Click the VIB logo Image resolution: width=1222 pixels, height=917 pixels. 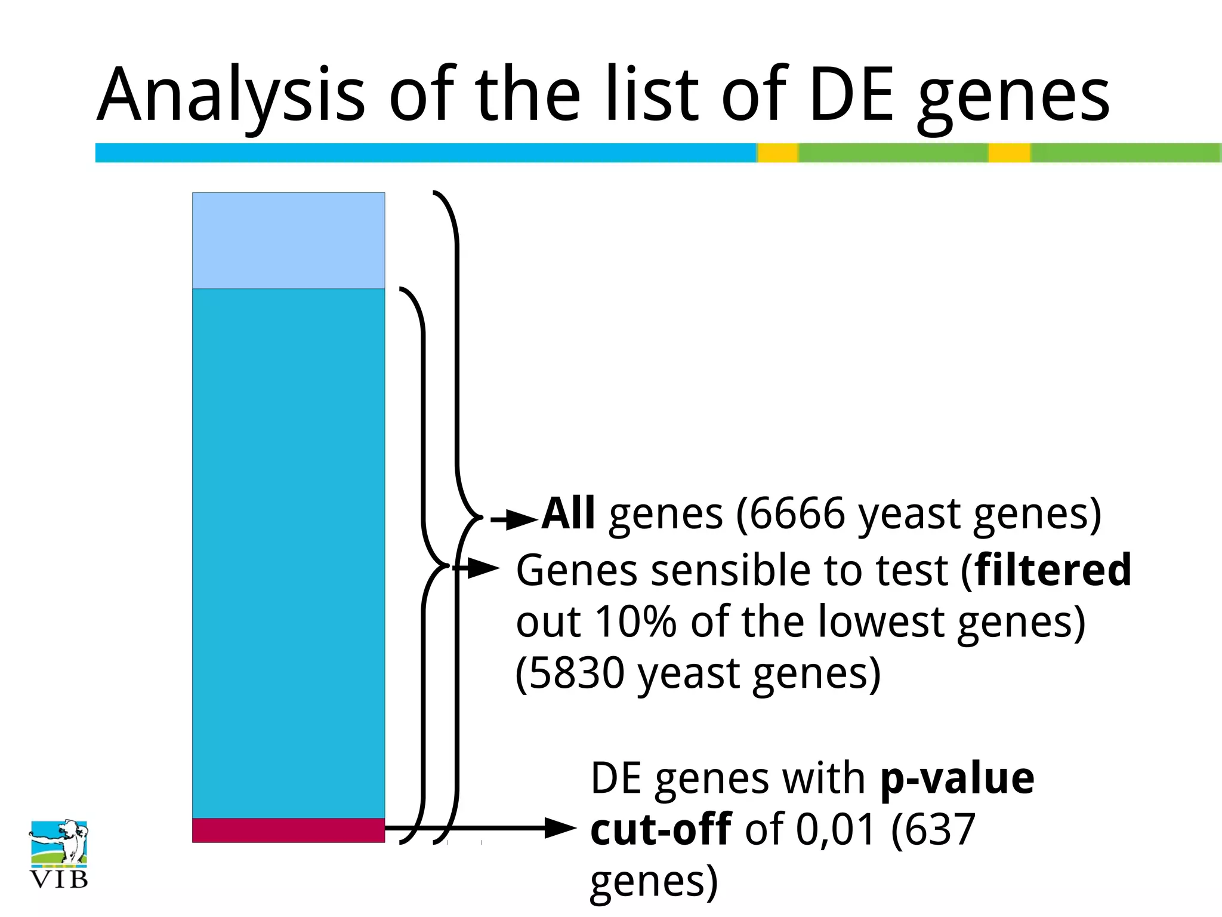pos(58,854)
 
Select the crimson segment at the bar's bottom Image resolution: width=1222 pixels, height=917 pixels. pos(288,830)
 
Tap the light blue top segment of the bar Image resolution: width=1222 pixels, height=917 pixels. pos(288,240)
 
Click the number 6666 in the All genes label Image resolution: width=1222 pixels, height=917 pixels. pos(797,513)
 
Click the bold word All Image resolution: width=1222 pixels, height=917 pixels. pos(568,513)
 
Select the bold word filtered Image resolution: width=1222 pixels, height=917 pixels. pos(1053,570)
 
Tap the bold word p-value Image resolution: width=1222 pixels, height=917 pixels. pos(957,778)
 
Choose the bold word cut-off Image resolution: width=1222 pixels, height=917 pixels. pos(661,830)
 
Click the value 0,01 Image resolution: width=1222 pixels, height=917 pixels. pos(835,830)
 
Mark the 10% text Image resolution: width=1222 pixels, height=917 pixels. pos(635,622)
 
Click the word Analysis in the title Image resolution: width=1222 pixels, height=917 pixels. pos(230,96)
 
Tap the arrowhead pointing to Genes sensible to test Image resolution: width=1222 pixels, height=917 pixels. pos(483,568)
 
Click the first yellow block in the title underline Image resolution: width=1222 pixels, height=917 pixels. pos(777,153)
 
